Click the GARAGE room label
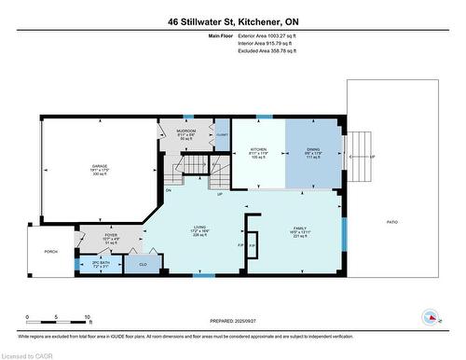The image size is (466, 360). (100, 167)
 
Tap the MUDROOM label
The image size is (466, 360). (186, 131)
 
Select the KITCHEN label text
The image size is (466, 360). (259, 148)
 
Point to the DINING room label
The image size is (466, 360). (313, 148)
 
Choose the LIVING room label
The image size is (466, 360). (199, 225)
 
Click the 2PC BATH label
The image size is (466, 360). (87, 264)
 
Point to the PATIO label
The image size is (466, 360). (392, 221)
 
